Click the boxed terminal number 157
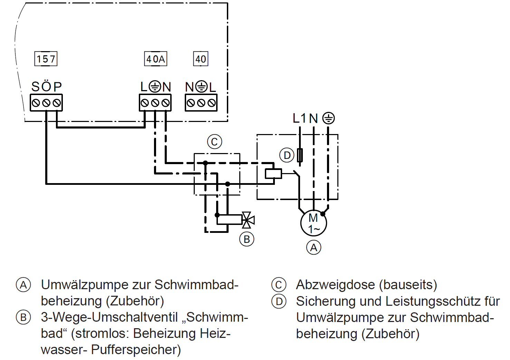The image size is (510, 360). click(x=46, y=59)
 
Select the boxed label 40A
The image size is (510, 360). click(x=155, y=59)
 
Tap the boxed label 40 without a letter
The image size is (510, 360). click(x=201, y=59)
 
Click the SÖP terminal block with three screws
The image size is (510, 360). click(x=46, y=103)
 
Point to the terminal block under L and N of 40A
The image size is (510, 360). click(x=155, y=103)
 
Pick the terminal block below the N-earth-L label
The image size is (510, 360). click(x=201, y=103)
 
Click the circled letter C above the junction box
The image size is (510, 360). click(x=214, y=142)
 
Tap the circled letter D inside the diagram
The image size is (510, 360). click(x=287, y=155)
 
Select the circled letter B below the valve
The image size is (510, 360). click(x=247, y=239)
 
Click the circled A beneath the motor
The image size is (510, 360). click(x=314, y=247)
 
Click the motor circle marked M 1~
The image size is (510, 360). click(x=314, y=223)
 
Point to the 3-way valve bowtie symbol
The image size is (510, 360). click(x=248, y=220)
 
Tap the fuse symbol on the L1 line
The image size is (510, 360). click(x=300, y=155)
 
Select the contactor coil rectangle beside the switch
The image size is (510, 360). click(x=273, y=174)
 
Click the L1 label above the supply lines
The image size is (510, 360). click(x=299, y=118)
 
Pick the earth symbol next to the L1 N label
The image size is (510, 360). click(x=328, y=118)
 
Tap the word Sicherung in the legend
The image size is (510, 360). click(x=326, y=302)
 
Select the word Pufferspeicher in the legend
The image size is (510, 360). click(x=136, y=350)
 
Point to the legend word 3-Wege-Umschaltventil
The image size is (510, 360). click(x=109, y=318)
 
